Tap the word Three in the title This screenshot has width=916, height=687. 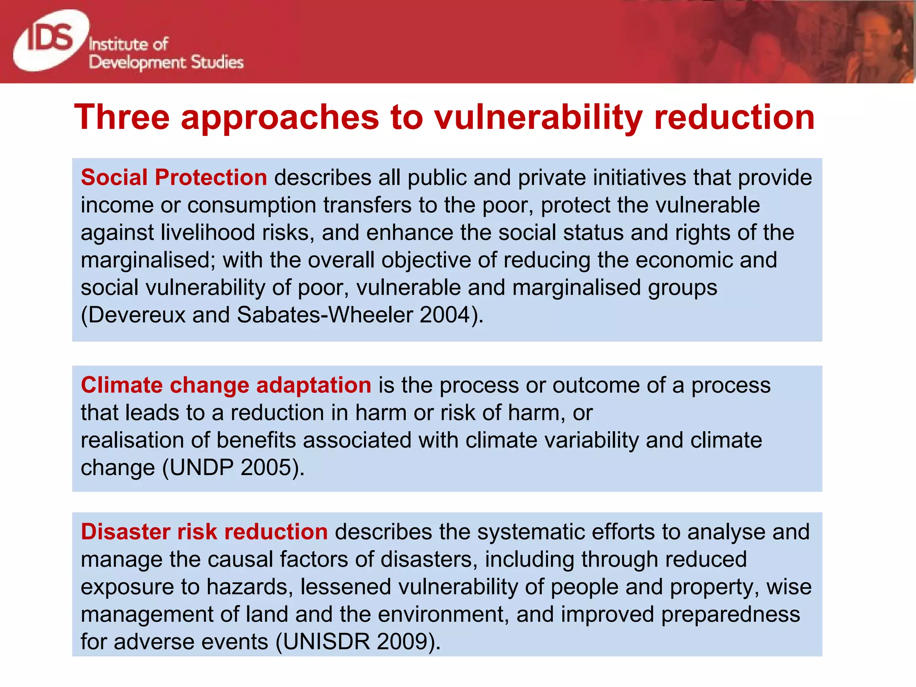pos(122,117)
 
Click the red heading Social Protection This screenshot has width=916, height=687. pos(174,178)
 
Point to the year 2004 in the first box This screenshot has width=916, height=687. pos(445,315)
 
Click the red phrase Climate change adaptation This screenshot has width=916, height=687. pos(226,385)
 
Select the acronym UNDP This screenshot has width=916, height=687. pos(202,468)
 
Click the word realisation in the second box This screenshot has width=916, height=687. pos(132,441)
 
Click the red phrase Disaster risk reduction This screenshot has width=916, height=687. pos(204,532)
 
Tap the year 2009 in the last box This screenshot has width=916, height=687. pos(403,642)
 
